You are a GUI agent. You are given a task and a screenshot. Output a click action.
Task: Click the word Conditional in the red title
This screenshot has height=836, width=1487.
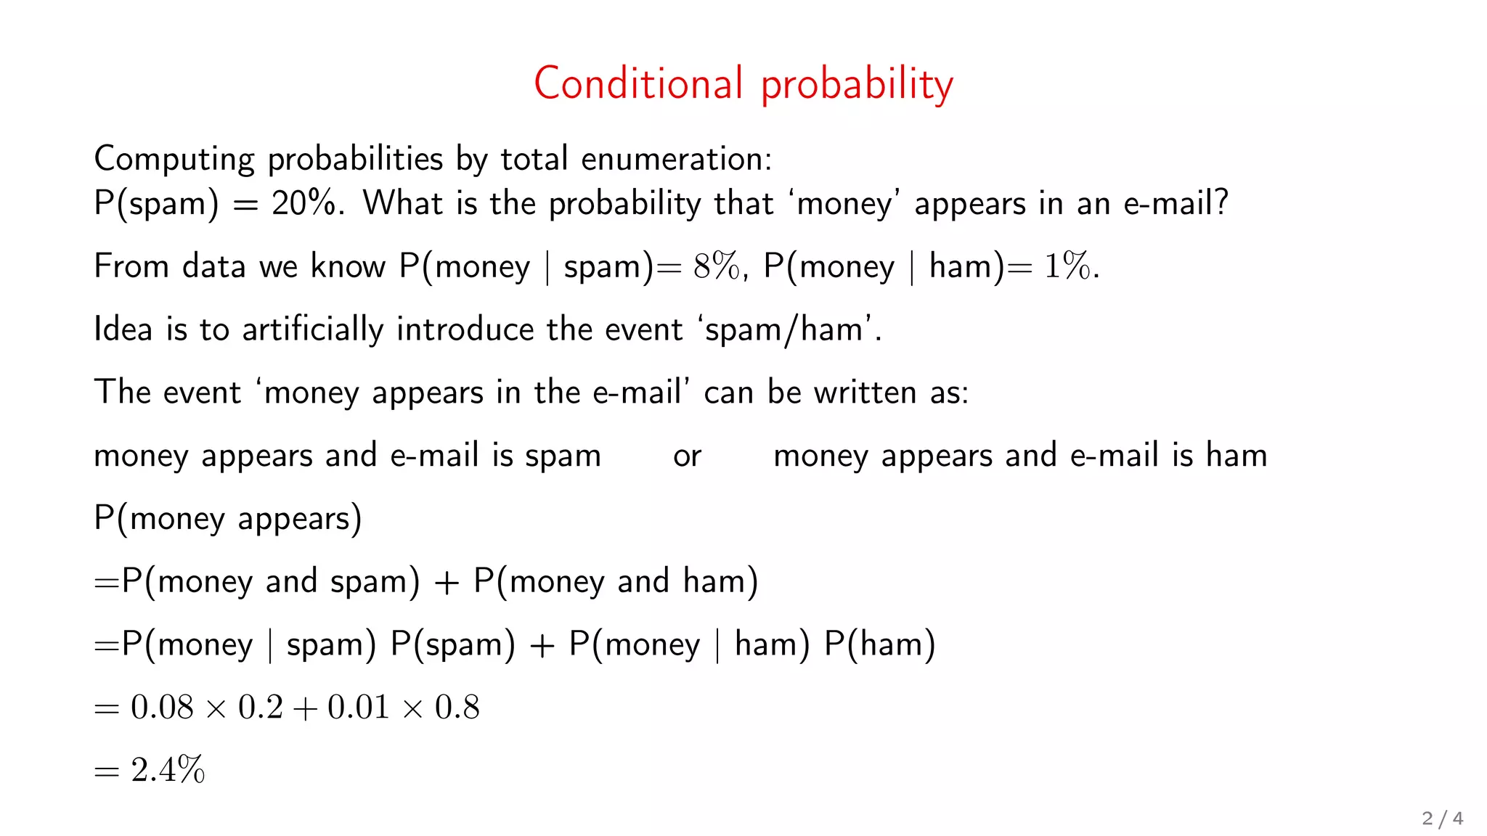(x=638, y=83)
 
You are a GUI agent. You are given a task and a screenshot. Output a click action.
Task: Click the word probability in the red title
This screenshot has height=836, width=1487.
(x=857, y=86)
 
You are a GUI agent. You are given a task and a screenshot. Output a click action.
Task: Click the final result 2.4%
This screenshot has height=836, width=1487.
(x=168, y=770)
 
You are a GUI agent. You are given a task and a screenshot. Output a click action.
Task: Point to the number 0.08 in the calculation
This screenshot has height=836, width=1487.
(x=162, y=708)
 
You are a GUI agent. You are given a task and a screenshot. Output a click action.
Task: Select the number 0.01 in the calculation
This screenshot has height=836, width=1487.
(x=359, y=708)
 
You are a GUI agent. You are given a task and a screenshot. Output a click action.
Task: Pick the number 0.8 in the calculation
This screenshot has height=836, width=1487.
(x=457, y=708)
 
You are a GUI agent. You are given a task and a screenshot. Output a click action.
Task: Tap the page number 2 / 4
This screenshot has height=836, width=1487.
(x=1442, y=819)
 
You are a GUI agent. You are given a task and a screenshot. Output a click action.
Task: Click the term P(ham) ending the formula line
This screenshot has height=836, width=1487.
(x=880, y=644)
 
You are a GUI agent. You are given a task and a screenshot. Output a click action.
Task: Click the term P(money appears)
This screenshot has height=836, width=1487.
(x=228, y=519)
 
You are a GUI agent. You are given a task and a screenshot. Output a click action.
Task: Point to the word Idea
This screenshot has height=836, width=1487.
(x=123, y=329)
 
